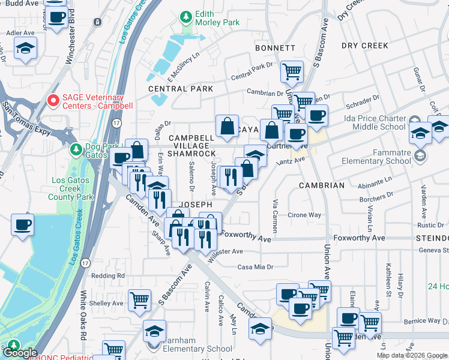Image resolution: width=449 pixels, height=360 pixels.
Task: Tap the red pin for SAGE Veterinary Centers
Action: click(53, 101)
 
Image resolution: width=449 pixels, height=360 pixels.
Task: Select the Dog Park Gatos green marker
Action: click(76, 149)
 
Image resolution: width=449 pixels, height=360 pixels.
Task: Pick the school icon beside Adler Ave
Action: click(25, 49)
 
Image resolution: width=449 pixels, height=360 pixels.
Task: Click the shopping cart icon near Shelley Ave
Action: click(139, 299)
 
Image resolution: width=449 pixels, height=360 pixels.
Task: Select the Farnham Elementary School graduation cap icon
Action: click(154, 332)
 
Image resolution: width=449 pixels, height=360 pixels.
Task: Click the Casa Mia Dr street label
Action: click(256, 267)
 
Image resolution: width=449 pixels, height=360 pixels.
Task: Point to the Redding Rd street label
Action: click(108, 275)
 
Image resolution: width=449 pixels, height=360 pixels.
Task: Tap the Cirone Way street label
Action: click(305, 215)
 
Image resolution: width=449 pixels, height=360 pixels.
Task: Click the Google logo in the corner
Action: click(20, 353)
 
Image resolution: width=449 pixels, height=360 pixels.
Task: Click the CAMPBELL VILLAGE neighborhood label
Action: click(191, 138)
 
